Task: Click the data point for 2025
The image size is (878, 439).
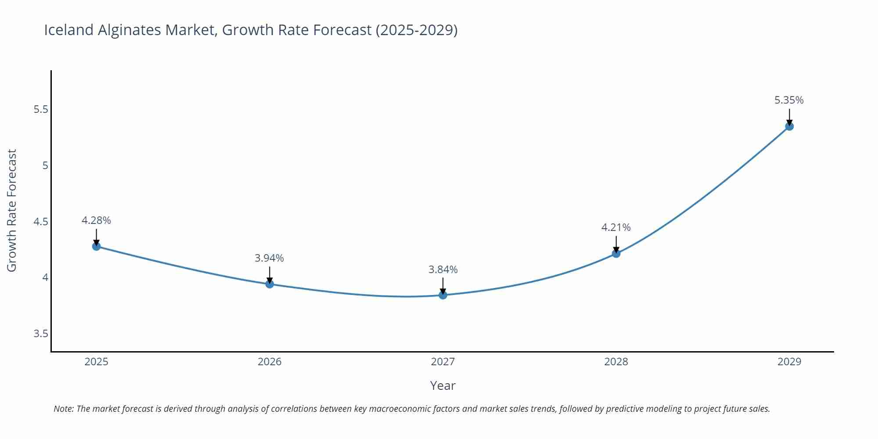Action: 96,246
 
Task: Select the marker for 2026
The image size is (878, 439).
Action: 270,284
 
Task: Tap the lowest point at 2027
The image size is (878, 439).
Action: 443,295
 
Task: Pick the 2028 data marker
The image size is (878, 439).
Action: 616,253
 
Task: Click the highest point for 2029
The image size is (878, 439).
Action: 789,126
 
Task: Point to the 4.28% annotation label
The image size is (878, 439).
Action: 96,220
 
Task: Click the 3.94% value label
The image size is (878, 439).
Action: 269,258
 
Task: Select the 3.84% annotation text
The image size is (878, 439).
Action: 443,270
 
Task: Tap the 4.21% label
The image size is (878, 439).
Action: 615,227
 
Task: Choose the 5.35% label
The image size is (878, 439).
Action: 789,100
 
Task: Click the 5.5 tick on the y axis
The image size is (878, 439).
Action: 41,109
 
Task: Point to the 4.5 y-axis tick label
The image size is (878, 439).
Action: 41,222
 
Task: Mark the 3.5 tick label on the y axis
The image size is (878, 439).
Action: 41,334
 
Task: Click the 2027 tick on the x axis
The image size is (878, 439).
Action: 443,362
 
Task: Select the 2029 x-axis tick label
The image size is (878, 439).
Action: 789,362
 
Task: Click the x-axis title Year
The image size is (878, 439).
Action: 443,385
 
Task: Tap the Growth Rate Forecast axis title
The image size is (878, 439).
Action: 12,210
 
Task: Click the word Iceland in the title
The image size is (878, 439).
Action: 69,30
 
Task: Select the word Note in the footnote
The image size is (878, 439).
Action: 63,409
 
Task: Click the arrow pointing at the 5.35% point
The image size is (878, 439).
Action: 789,117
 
